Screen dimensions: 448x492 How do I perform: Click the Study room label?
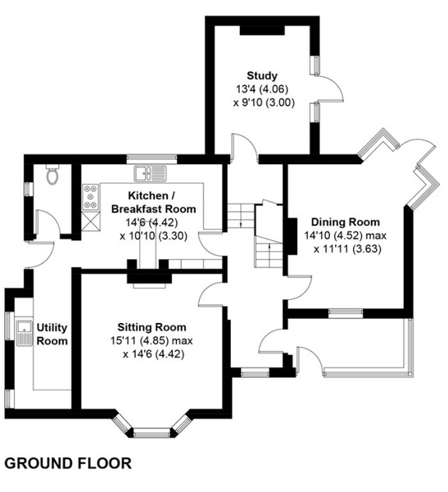tap(262, 75)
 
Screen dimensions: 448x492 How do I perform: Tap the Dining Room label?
tap(345, 222)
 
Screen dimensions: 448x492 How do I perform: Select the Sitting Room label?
tap(152, 327)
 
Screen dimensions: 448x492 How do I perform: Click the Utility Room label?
tap(52, 335)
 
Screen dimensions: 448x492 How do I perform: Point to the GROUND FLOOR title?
tap(68, 463)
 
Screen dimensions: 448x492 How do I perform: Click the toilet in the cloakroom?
tap(52, 175)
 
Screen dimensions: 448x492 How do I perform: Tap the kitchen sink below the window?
tap(151, 173)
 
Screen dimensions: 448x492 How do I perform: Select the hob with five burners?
tap(91, 198)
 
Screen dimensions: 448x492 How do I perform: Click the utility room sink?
tap(24, 333)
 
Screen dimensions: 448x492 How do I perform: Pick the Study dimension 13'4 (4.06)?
tap(262, 89)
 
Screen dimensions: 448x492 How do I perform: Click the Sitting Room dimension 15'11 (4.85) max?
tap(152, 341)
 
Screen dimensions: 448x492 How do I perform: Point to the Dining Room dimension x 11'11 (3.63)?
tap(347, 249)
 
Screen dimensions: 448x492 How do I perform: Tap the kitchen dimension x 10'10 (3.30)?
tap(153, 235)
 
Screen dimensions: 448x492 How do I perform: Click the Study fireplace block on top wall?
tap(262, 30)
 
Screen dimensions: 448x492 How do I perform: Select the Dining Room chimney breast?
tap(292, 236)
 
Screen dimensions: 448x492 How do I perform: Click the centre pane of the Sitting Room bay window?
tap(152, 435)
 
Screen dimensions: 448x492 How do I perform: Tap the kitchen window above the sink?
tap(152, 159)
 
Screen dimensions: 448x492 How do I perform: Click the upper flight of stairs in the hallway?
tap(240, 216)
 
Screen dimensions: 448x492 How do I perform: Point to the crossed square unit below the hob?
tap(91, 221)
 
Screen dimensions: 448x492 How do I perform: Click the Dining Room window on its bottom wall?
tap(346, 313)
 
